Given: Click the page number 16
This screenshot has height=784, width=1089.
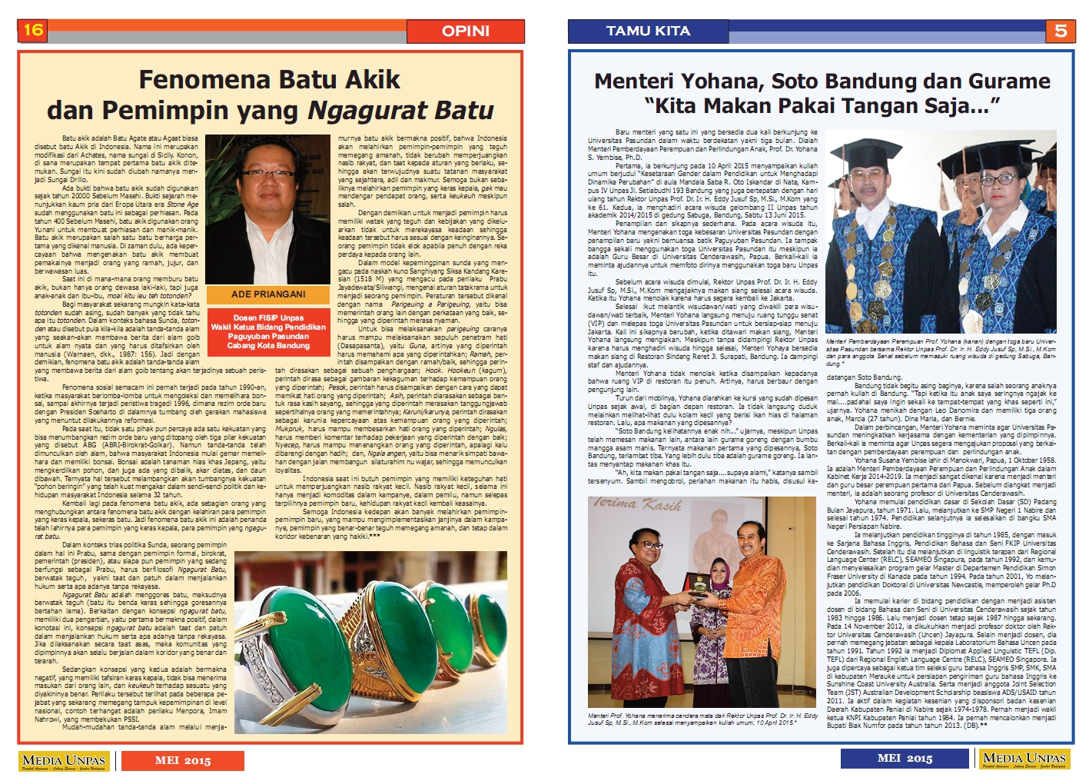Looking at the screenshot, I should (33, 30).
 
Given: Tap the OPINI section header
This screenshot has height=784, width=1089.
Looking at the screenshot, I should (465, 31).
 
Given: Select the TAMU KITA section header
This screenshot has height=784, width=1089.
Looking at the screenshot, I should (648, 31).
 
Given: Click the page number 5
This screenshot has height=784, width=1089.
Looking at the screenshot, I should (1060, 31).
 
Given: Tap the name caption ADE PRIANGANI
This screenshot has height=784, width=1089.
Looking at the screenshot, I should (268, 294).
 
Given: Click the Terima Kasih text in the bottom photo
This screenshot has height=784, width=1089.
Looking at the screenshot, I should (637, 505).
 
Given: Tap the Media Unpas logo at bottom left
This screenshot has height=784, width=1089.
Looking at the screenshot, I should (64, 760).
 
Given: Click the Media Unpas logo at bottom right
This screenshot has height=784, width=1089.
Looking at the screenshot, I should (1024, 759).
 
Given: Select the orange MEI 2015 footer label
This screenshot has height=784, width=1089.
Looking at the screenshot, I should (182, 760).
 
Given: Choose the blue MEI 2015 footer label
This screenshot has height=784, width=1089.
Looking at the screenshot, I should (905, 759).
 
